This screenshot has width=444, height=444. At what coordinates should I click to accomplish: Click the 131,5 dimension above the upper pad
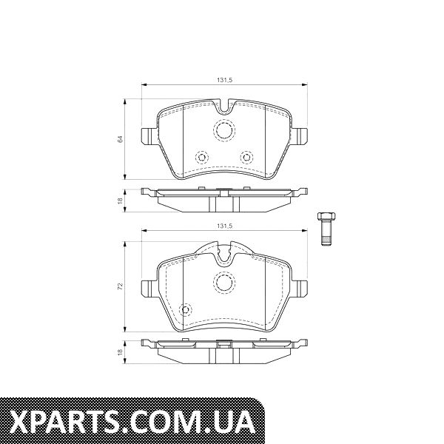(x=224, y=80)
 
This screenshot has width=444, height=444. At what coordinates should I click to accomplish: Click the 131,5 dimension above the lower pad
(x=224, y=226)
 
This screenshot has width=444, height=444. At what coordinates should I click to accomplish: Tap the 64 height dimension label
(x=121, y=139)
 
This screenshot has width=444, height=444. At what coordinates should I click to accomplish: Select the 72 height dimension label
(x=121, y=286)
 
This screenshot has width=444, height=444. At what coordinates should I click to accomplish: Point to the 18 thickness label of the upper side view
(x=121, y=201)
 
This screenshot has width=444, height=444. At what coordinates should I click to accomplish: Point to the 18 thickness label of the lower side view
(x=121, y=352)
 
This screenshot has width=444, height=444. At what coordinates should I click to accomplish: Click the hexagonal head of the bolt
(x=326, y=217)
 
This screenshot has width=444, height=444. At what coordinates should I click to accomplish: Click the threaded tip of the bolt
(x=326, y=241)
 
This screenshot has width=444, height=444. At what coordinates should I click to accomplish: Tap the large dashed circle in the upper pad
(x=224, y=130)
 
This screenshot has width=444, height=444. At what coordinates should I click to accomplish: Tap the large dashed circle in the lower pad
(x=224, y=282)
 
